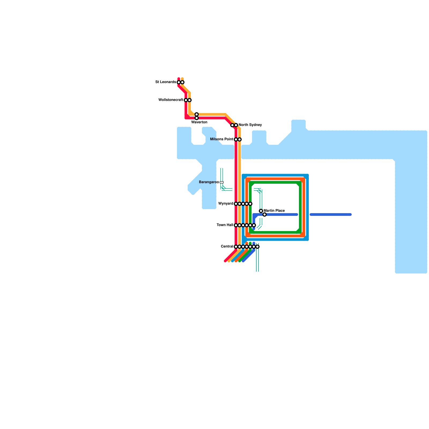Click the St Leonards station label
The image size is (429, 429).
coord(166,82)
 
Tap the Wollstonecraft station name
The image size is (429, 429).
coord(171,100)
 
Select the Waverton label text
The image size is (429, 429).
coord(199,122)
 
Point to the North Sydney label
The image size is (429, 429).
coord(250,125)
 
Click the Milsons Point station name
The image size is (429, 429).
coord(222,139)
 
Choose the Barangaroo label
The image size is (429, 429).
coord(209,182)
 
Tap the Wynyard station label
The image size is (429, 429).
coord(226,204)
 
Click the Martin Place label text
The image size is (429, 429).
coord(274,211)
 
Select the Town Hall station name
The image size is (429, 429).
coord(225,225)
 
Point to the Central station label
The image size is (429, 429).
coord(227,247)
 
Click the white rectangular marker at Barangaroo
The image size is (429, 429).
coord(221,182)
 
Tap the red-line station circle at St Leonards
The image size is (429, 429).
coord(179,82)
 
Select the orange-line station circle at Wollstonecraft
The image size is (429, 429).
coord(190,100)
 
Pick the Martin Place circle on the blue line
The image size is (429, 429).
coord(265,214)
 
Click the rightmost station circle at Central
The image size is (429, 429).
coord(257,247)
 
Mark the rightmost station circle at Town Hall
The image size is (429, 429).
coord(254,225)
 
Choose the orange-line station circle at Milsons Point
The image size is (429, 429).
coord(240,139)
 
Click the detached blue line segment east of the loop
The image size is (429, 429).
coord(331,214)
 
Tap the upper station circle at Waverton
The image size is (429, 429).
coord(197,114)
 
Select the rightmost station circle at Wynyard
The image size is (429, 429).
coord(250,204)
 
